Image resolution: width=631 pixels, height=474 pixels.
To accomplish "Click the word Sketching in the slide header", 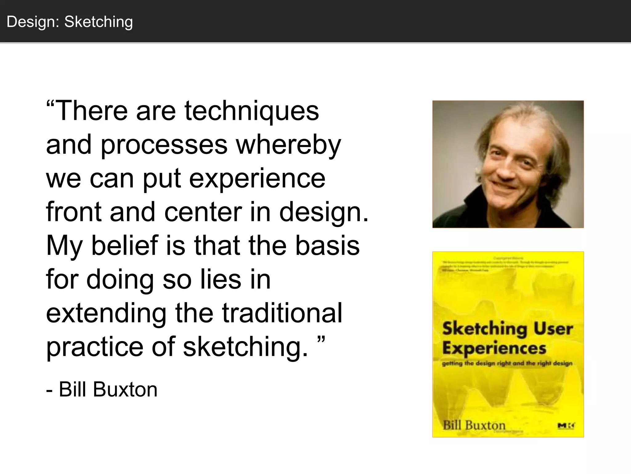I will point(98,22).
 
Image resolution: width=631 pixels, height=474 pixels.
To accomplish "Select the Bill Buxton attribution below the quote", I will point(102,389).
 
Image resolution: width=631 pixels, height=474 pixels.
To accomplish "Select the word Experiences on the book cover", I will point(494,348).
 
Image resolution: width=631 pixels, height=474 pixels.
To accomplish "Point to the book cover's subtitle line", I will point(507,364).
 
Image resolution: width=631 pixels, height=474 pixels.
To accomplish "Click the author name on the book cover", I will point(474,425).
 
